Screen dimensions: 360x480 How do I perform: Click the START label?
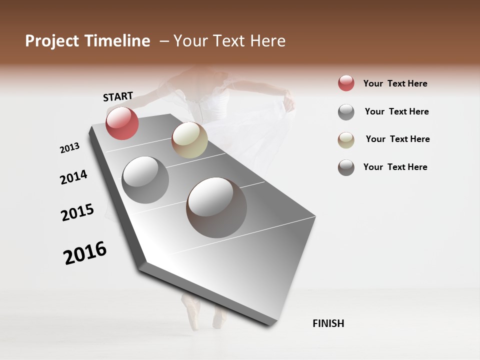[x=118, y=96]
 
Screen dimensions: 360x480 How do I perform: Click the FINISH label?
[x=328, y=323]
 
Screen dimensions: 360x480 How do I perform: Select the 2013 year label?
[x=69, y=148]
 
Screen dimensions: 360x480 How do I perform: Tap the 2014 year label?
[x=73, y=177]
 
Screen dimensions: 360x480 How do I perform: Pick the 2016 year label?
[x=85, y=253]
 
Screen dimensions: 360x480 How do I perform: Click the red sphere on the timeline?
[x=122, y=123]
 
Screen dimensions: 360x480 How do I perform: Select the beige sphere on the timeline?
[x=189, y=140]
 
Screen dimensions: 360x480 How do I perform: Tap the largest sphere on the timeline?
[x=216, y=207]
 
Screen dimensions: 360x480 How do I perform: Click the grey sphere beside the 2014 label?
[x=145, y=179]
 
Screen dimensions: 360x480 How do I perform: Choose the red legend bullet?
[x=346, y=83]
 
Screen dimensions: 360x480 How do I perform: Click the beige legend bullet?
[x=346, y=140]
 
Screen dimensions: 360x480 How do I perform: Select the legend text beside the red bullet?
[x=395, y=83]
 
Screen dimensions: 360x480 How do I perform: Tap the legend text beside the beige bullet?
[x=397, y=139]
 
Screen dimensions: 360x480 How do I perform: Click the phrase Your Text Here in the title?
[x=229, y=41]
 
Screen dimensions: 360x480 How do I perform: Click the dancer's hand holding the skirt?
[x=288, y=103]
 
